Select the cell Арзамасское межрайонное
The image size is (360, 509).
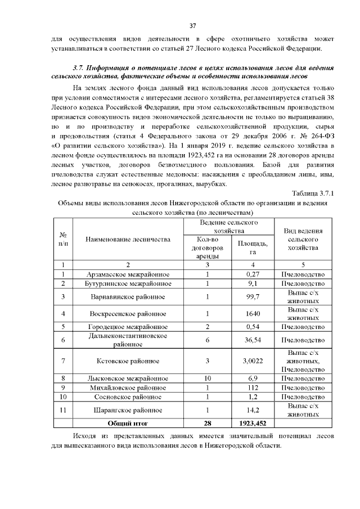click(x=128, y=274)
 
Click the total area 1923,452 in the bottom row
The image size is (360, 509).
click(x=253, y=423)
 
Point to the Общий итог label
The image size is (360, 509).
click(x=128, y=423)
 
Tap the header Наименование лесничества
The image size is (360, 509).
click(x=128, y=240)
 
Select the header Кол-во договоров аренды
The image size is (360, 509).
click(x=208, y=247)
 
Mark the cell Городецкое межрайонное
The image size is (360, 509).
click(x=128, y=327)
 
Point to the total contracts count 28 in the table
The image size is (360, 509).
click(x=208, y=423)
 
